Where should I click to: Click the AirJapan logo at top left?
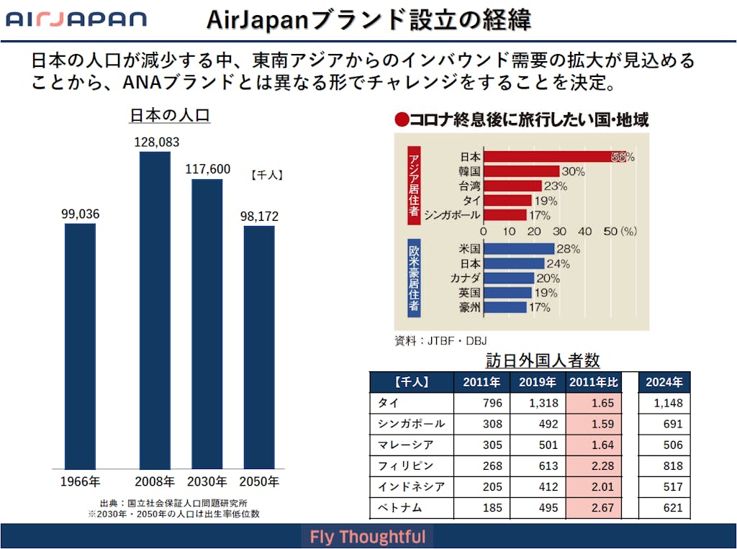click(x=76, y=19)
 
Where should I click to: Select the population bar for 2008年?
click(x=155, y=310)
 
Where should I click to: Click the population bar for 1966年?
click(x=80, y=346)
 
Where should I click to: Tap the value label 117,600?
click(x=207, y=169)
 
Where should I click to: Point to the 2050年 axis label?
click(x=258, y=481)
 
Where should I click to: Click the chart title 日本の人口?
click(x=169, y=115)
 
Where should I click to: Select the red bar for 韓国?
click(x=520, y=171)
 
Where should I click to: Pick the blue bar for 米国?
click(x=518, y=249)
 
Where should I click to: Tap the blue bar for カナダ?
click(x=508, y=278)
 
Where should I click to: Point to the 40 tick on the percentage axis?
click(x=585, y=232)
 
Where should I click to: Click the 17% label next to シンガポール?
click(x=540, y=215)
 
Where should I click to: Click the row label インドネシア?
click(x=411, y=487)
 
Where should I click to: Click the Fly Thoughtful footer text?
click(x=368, y=537)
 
